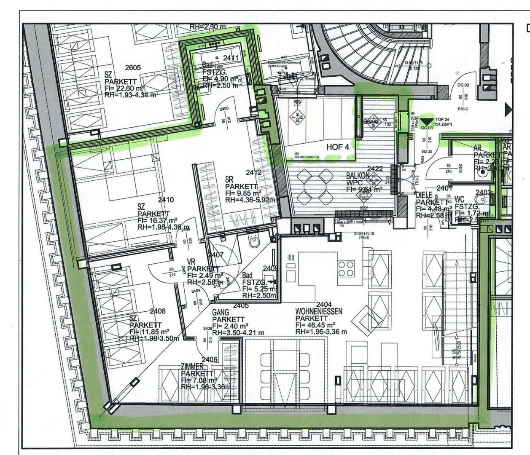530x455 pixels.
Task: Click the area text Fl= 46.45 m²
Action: pyautogui.click(x=315, y=325)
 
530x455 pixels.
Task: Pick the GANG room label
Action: pyautogui.click(x=221, y=312)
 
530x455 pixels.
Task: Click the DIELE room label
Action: pyautogui.click(x=425, y=195)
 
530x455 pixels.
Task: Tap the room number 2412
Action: pyautogui.click(x=254, y=172)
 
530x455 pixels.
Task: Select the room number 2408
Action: pyautogui.click(x=158, y=311)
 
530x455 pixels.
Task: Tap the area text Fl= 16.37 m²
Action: pyautogui.click(x=158, y=220)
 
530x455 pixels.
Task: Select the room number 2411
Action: pyautogui.click(x=231, y=58)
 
